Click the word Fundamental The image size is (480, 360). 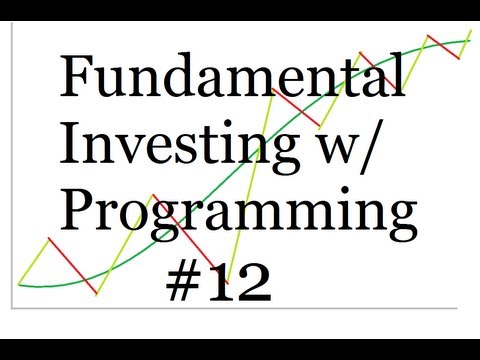point(233,78)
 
